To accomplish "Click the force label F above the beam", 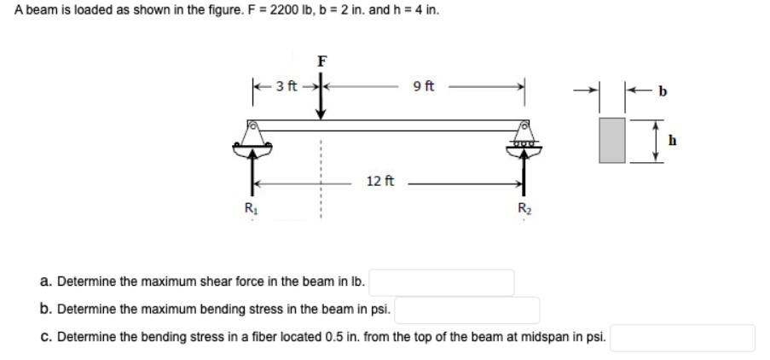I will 321,61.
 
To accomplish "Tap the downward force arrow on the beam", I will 321,98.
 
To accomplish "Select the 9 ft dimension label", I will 423,85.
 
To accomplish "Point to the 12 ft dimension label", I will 379,181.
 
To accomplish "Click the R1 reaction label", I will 250,207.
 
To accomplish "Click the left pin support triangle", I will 252,135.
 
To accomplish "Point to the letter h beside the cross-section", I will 672,142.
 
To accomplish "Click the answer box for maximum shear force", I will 441,281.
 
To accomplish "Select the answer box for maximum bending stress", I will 467,309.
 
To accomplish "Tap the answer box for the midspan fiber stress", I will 682,337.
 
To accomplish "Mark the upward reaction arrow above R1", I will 252,175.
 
